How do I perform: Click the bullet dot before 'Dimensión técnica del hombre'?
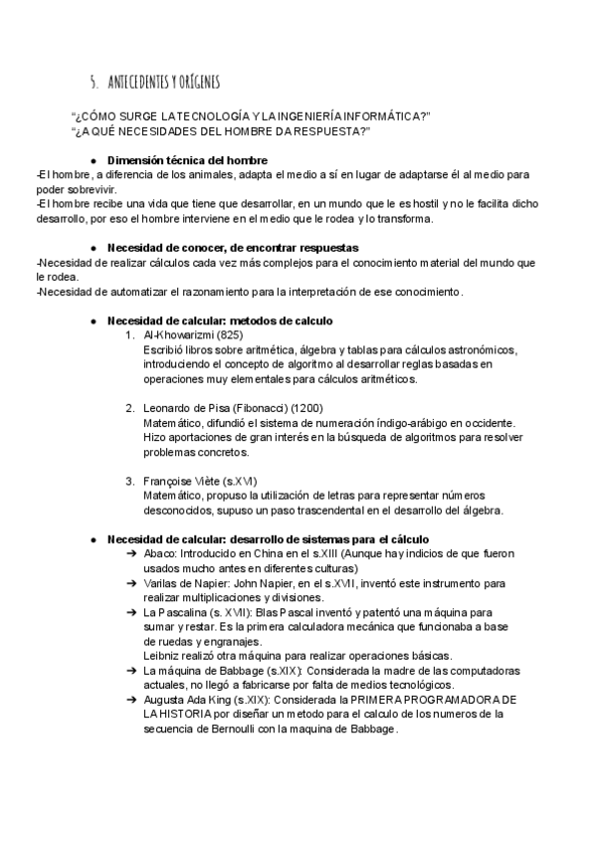93,160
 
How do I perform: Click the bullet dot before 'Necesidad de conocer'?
93,247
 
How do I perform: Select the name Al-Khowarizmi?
172,335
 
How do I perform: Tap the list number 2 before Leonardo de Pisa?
129,408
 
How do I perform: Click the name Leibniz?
161,655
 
